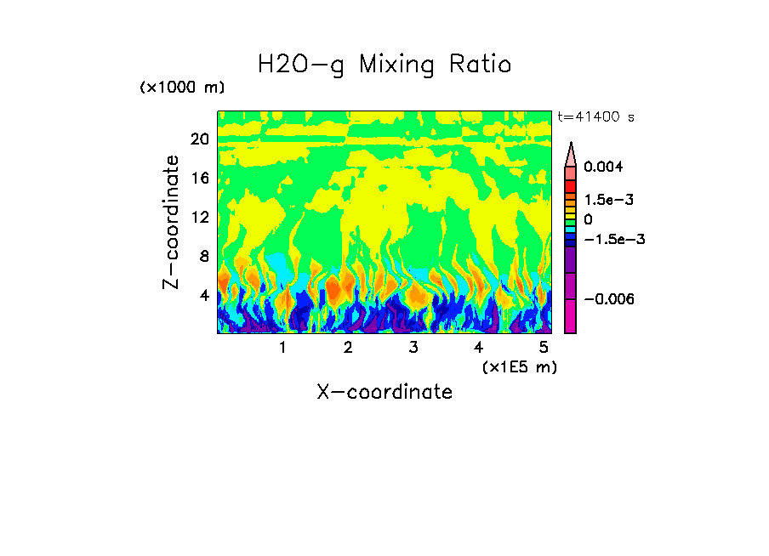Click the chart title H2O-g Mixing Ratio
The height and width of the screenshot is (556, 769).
(384, 65)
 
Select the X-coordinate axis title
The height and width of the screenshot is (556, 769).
(384, 392)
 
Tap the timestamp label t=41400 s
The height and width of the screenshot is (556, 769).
(595, 116)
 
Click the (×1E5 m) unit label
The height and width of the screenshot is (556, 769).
(520, 366)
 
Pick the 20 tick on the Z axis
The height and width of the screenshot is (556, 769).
(199, 139)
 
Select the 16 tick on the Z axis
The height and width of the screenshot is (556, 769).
(199, 179)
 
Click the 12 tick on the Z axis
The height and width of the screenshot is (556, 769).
(199, 217)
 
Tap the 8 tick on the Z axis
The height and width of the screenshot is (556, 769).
(203, 256)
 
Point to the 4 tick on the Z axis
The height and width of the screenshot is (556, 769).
(203, 295)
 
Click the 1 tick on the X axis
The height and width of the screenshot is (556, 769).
(282, 348)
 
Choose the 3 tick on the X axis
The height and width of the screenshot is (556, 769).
(413, 348)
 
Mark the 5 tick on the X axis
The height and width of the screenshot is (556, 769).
(544, 348)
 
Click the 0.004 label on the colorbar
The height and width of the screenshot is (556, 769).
(604, 167)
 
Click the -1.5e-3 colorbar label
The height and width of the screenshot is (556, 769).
(613, 240)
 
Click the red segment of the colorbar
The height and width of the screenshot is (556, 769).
(571, 184)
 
